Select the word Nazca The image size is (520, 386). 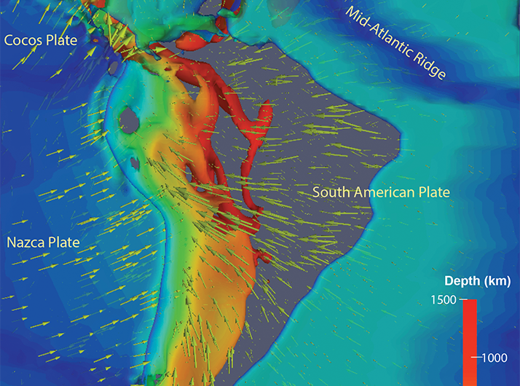[x=26, y=240]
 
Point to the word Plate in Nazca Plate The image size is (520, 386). [x=63, y=240]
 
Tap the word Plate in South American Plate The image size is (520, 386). [x=434, y=192]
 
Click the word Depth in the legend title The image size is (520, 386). [x=460, y=280]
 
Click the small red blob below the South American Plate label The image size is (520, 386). [x=264, y=256]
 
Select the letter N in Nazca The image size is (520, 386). [x=11, y=240]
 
